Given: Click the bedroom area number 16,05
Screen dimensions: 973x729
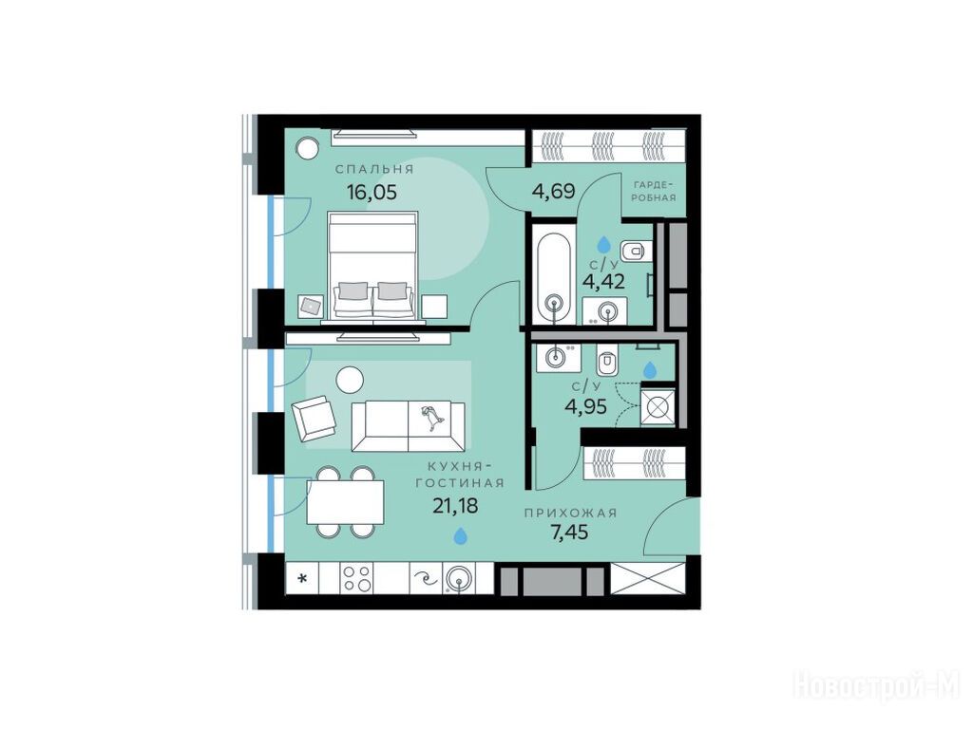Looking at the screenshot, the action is coord(372,192).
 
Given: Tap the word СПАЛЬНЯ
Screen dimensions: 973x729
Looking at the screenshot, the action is coord(374,169).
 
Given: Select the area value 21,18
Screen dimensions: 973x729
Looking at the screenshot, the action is coord(455,507).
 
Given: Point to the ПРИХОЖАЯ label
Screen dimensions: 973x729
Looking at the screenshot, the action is coord(570,513).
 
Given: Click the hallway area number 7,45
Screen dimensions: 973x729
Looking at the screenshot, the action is coord(570,532).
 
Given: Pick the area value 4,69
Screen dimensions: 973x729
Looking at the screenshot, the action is coord(554,190).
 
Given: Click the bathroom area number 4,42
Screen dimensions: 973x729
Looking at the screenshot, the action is coord(603,282).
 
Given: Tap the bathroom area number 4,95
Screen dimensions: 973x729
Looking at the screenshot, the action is coord(585,406).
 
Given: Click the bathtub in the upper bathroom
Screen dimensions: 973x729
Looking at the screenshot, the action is coord(553,278).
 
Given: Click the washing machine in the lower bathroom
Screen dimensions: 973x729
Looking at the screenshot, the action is coord(658,407).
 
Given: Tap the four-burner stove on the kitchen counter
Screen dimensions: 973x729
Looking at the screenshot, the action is coord(356,579).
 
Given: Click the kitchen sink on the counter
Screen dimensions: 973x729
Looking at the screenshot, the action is coord(459,580).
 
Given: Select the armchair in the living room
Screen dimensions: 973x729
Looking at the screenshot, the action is coord(314,417).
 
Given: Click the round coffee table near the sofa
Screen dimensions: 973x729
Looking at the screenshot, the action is coord(350,380).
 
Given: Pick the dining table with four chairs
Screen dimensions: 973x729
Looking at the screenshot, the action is coord(344,501).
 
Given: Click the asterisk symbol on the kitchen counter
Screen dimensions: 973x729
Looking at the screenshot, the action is coord(303,579).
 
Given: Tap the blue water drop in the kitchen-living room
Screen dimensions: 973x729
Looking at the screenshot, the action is coord(461,535).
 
